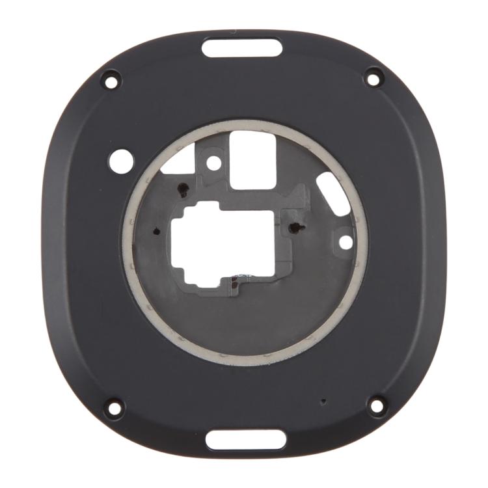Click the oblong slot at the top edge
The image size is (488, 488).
(242, 47)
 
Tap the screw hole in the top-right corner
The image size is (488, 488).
(373, 78)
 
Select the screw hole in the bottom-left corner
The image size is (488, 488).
(114, 408)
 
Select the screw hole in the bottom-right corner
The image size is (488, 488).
(376, 405)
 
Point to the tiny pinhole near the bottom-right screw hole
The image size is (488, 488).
(323, 401)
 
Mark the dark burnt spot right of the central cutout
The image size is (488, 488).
(297, 227)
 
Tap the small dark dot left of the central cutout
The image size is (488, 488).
(156, 231)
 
